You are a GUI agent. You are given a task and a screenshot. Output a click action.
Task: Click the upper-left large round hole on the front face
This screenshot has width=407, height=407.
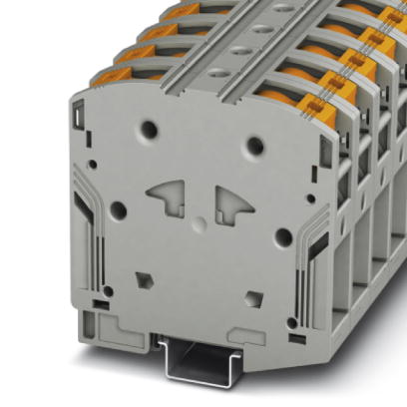pyautogui.click(x=150, y=129)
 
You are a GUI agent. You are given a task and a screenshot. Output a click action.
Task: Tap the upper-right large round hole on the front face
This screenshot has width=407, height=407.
pyautogui.click(x=255, y=146)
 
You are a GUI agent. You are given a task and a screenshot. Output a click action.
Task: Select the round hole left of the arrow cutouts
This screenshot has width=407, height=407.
pyautogui.click(x=118, y=210)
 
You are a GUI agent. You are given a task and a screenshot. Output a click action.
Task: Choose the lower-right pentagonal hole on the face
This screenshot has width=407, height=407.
pyautogui.click(x=255, y=297)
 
